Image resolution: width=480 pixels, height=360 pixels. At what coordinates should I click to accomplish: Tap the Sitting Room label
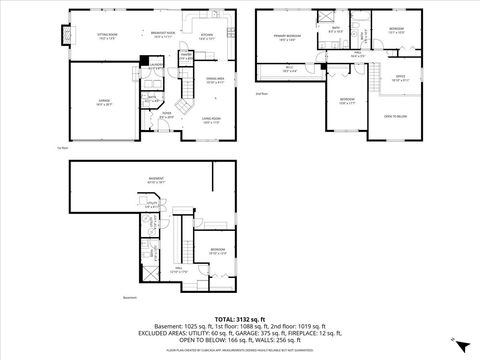pyautogui.click(x=108, y=35)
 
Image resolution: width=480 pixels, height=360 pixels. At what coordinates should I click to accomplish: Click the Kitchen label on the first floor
pyautogui.click(x=206, y=35)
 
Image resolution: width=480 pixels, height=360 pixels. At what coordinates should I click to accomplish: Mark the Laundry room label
pyautogui.click(x=155, y=67)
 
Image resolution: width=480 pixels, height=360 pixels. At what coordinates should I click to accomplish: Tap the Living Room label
pyautogui.click(x=211, y=119)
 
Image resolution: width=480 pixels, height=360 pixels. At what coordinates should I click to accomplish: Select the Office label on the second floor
pyautogui.click(x=398, y=77)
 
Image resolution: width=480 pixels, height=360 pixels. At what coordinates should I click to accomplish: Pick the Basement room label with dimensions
pyautogui.click(x=156, y=181)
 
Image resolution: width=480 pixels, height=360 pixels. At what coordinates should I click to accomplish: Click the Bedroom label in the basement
pyautogui.click(x=217, y=250)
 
